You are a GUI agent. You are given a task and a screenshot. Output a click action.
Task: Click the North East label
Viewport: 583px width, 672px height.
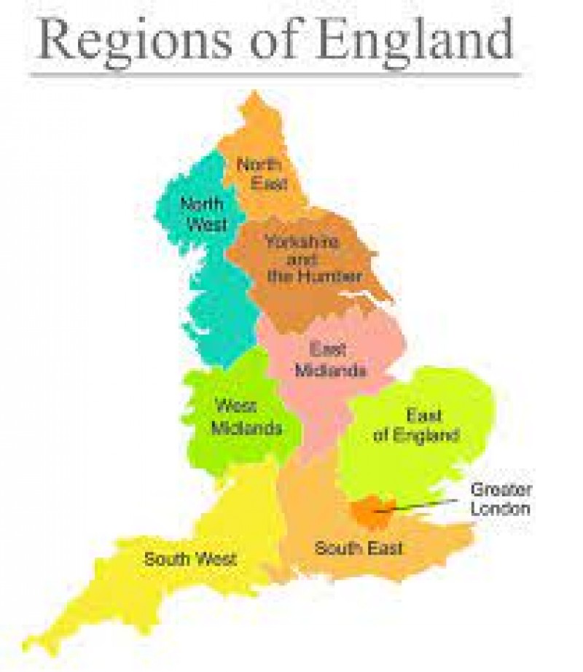point(260,173)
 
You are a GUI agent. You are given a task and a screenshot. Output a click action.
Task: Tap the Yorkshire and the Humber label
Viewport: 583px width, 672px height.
point(302,259)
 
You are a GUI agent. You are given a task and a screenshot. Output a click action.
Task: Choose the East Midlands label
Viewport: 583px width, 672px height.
point(330,359)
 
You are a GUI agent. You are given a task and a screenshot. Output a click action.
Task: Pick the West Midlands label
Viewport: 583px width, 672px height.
point(246,417)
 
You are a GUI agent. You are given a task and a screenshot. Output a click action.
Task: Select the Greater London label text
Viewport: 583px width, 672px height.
point(501,499)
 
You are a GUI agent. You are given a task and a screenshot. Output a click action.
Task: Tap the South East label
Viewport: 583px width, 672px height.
point(358,547)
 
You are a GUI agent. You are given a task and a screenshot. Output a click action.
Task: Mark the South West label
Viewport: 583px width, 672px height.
point(189,560)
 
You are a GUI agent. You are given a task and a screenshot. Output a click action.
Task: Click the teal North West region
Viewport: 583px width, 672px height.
point(215,306)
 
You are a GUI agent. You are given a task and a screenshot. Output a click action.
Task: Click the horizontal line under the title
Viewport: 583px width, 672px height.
point(277,74)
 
